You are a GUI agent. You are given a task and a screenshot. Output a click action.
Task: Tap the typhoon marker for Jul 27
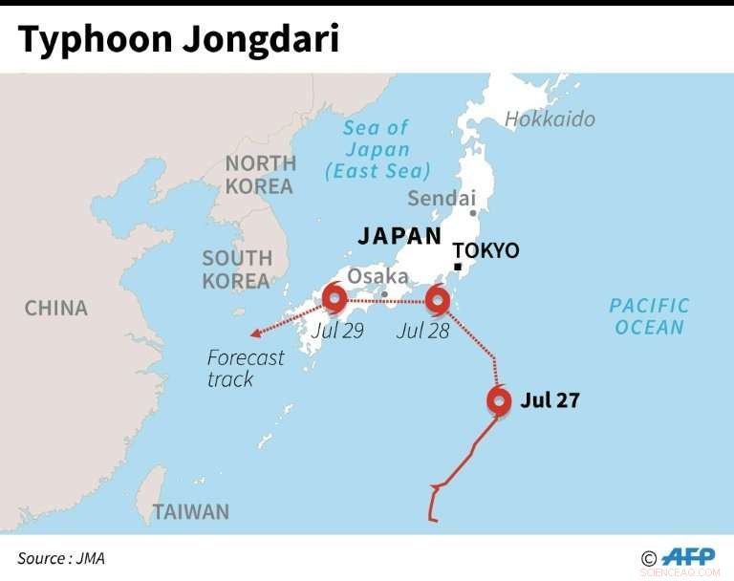[498, 400]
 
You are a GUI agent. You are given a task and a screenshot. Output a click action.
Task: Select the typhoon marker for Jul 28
[437, 300]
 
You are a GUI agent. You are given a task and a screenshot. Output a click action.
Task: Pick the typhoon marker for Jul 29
[335, 299]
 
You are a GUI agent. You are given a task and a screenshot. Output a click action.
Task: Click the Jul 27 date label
[550, 400]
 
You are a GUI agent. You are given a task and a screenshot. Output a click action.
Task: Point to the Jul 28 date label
[421, 331]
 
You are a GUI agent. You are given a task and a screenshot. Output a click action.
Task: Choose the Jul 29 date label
[338, 331]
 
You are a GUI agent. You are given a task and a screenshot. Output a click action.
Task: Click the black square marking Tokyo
[458, 266]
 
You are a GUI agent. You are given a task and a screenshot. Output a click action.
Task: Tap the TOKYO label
[486, 250]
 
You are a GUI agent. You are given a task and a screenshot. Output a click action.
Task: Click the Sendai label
[441, 199]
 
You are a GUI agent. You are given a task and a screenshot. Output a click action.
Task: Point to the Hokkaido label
[550, 118]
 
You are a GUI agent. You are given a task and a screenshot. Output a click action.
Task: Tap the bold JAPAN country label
[399, 236]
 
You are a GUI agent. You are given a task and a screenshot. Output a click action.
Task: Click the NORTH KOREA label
[259, 174]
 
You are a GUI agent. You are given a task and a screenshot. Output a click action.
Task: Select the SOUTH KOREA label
[237, 269]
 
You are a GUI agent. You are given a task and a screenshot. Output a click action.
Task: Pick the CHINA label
[55, 308]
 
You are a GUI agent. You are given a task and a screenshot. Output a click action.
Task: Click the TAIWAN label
[191, 511]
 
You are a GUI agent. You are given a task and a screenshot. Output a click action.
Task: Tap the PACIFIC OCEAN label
[649, 316]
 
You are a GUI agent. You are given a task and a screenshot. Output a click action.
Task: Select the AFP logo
[688, 557]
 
